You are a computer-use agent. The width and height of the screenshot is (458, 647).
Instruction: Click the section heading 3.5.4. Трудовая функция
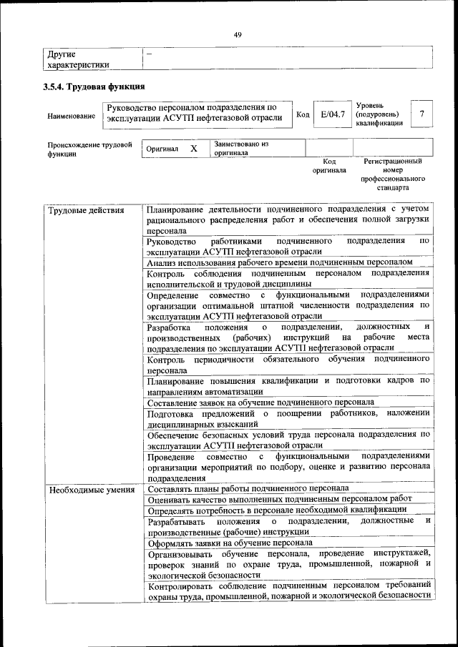94,87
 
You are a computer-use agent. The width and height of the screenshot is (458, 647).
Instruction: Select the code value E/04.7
333,114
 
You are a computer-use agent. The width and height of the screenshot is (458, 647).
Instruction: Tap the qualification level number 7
423,114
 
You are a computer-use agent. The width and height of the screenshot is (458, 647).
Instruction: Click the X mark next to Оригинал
193,149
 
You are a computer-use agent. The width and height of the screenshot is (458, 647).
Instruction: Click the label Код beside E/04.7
303,115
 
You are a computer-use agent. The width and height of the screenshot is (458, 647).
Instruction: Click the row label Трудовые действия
85,210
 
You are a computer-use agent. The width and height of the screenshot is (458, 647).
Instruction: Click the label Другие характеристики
78,59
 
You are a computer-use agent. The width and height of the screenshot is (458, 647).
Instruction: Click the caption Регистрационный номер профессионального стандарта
394,174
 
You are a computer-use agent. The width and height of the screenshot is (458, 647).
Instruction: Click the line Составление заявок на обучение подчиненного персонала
260,402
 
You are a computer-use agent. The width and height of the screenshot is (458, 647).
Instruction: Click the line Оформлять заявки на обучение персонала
230,542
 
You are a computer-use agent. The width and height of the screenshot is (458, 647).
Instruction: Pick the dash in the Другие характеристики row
149,54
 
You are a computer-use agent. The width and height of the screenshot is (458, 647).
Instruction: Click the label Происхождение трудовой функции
89,149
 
